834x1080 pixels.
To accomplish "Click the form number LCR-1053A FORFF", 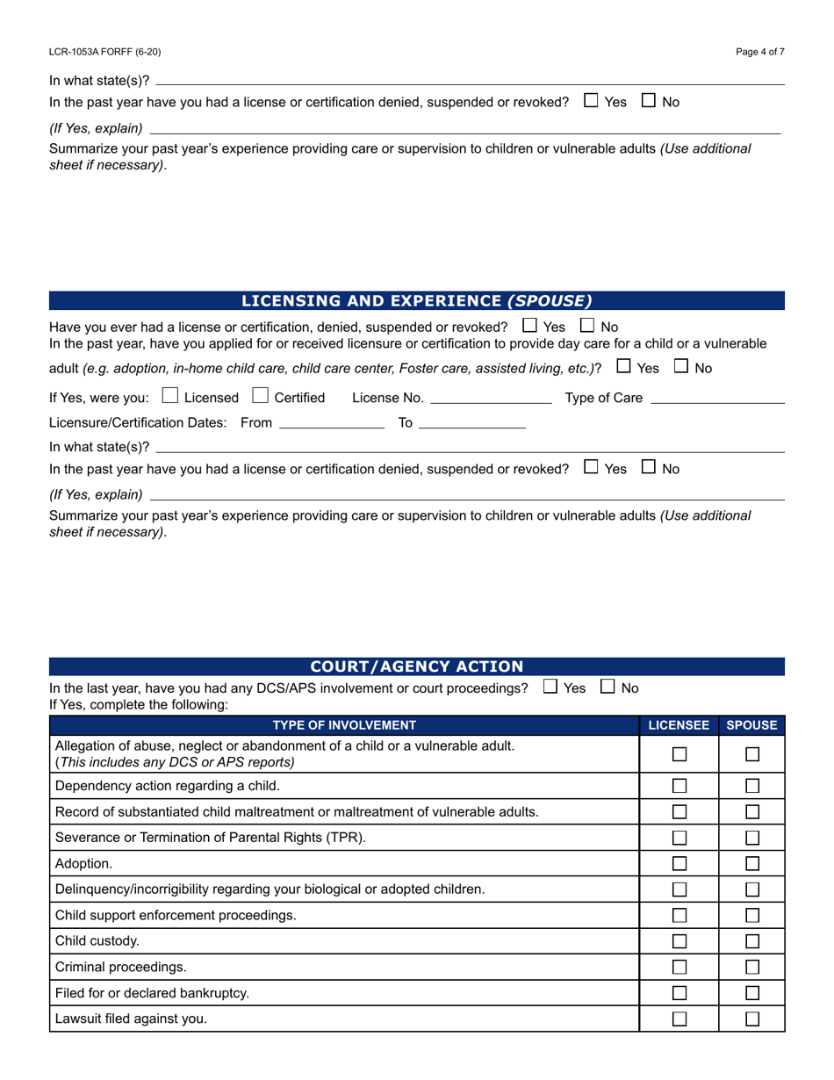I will [x=104, y=52].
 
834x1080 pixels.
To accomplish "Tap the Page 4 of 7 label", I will [x=760, y=52].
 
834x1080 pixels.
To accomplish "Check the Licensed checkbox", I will [x=171, y=397].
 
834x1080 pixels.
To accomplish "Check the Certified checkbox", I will [x=261, y=397].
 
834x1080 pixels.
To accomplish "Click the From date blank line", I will [x=332, y=424].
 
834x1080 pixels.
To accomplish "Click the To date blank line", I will [x=472, y=424].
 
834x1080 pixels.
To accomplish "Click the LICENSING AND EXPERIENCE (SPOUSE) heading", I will [x=417, y=301].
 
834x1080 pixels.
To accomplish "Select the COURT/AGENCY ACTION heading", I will [x=417, y=666].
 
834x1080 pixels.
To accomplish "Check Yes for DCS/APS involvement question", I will [x=550, y=688].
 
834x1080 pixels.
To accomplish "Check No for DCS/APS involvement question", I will [x=608, y=688].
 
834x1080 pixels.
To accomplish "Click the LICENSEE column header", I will [x=679, y=725].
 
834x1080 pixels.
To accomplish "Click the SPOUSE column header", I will [x=752, y=725].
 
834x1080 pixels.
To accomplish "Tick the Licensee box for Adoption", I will [x=679, y=864].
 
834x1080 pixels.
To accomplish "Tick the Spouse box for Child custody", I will [x=752, y=941].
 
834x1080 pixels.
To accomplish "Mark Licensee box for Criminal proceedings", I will [x=679, y=967].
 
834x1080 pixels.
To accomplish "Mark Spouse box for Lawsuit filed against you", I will [x=752, y=1019].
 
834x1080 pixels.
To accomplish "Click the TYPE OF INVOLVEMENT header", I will [x=344, y=725].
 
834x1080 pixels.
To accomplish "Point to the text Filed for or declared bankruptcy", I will [x=152, y=993].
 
